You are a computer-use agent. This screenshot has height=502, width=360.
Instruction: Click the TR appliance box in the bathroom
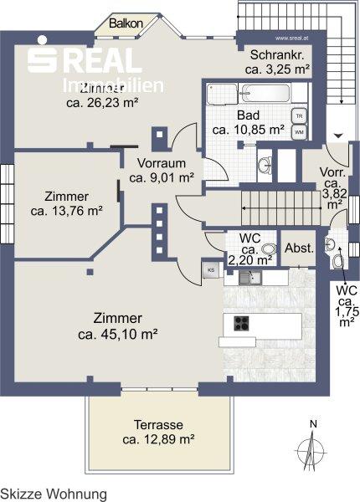[x=298, y=116]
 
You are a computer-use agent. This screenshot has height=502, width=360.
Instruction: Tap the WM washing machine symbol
[x=298, y=131]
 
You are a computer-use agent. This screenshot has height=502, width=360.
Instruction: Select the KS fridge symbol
[x=211, y=270]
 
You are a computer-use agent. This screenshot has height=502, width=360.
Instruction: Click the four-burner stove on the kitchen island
[x=241, y=324]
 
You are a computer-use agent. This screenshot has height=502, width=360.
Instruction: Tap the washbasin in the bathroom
[x=265, y=164]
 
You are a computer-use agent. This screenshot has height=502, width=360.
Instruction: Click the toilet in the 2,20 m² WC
[x=268, y=248]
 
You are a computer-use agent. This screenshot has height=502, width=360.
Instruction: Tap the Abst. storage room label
[x=299, y=248]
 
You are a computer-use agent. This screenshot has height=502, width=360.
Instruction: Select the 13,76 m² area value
[x=67, y=211]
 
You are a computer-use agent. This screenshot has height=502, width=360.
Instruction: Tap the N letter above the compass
[x=312, y=424]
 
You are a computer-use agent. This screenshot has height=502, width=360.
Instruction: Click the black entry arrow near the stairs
[x=338, y=135]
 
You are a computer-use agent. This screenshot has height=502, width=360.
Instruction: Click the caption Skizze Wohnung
[x=54, y=494]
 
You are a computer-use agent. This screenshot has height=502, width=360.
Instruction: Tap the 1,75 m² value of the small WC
[x=345, y=315]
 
